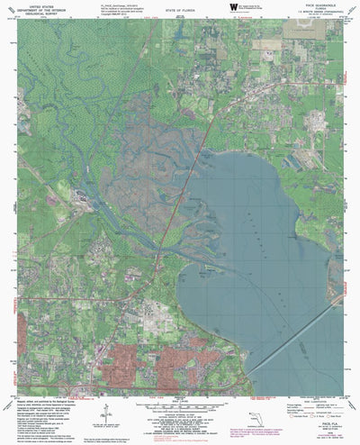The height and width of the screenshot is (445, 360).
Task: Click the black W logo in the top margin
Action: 220,8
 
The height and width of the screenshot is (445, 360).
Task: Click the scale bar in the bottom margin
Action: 180,404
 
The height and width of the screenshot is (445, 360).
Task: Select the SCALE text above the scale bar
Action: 180,397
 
